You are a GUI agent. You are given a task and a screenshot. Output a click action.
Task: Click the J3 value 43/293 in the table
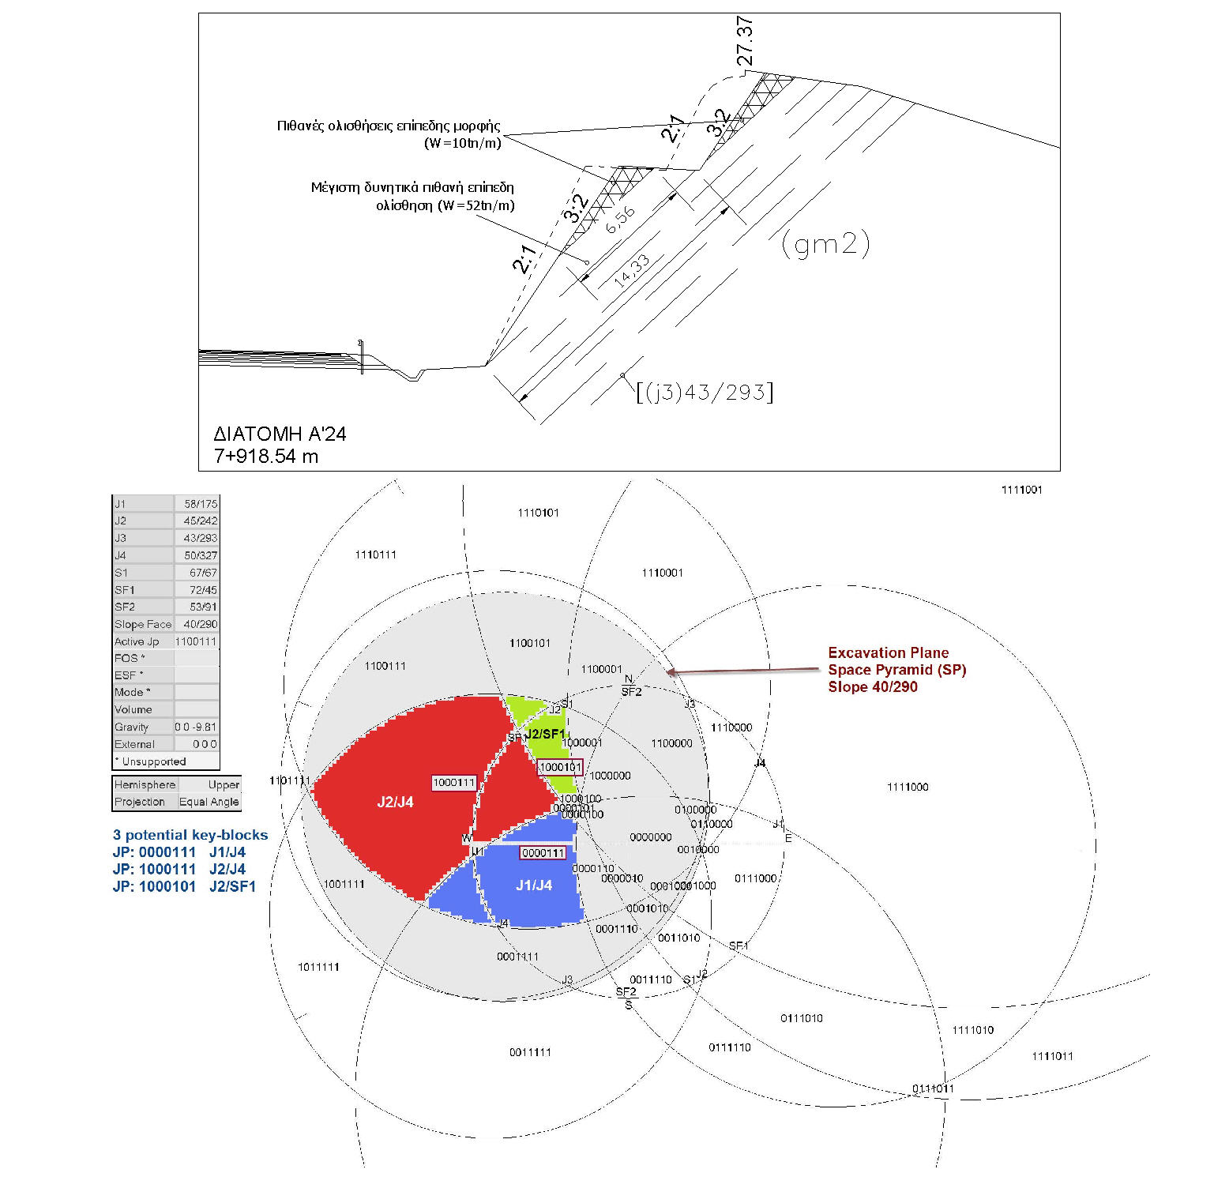point(201,538)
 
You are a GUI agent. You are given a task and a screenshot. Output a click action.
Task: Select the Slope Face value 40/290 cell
point(201,624)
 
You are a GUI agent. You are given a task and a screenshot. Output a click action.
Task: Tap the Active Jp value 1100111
point(196,641)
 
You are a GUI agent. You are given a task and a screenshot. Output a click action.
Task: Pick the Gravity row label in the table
point(131,727)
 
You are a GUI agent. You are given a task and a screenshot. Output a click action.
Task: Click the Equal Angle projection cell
point(209,802)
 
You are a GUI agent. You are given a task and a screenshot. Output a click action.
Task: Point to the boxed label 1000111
point(454,783)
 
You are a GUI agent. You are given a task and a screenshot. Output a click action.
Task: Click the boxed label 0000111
point(543,853)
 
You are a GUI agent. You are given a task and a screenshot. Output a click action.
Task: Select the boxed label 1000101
point(560,767)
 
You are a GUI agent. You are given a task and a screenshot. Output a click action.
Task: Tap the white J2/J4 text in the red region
point(395,803)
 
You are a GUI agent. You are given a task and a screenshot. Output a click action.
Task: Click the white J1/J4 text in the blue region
point(534,885)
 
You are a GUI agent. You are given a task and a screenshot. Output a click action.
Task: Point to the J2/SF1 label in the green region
point(545,735)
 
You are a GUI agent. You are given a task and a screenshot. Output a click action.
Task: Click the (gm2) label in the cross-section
point(825,244)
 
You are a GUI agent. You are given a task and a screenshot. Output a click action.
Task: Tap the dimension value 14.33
point(632,270)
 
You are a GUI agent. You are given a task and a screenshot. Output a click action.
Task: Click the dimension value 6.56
point(620,220)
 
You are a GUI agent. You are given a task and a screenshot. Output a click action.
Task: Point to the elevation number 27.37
point(744,40)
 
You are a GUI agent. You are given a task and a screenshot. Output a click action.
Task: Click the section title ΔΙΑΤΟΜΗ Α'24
point(280,434)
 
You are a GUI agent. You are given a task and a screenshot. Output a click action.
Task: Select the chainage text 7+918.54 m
point(265,456)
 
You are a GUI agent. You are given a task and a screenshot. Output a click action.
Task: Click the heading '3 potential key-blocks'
point(190,835)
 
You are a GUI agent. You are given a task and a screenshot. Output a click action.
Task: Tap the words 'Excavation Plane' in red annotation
point(888,652)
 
